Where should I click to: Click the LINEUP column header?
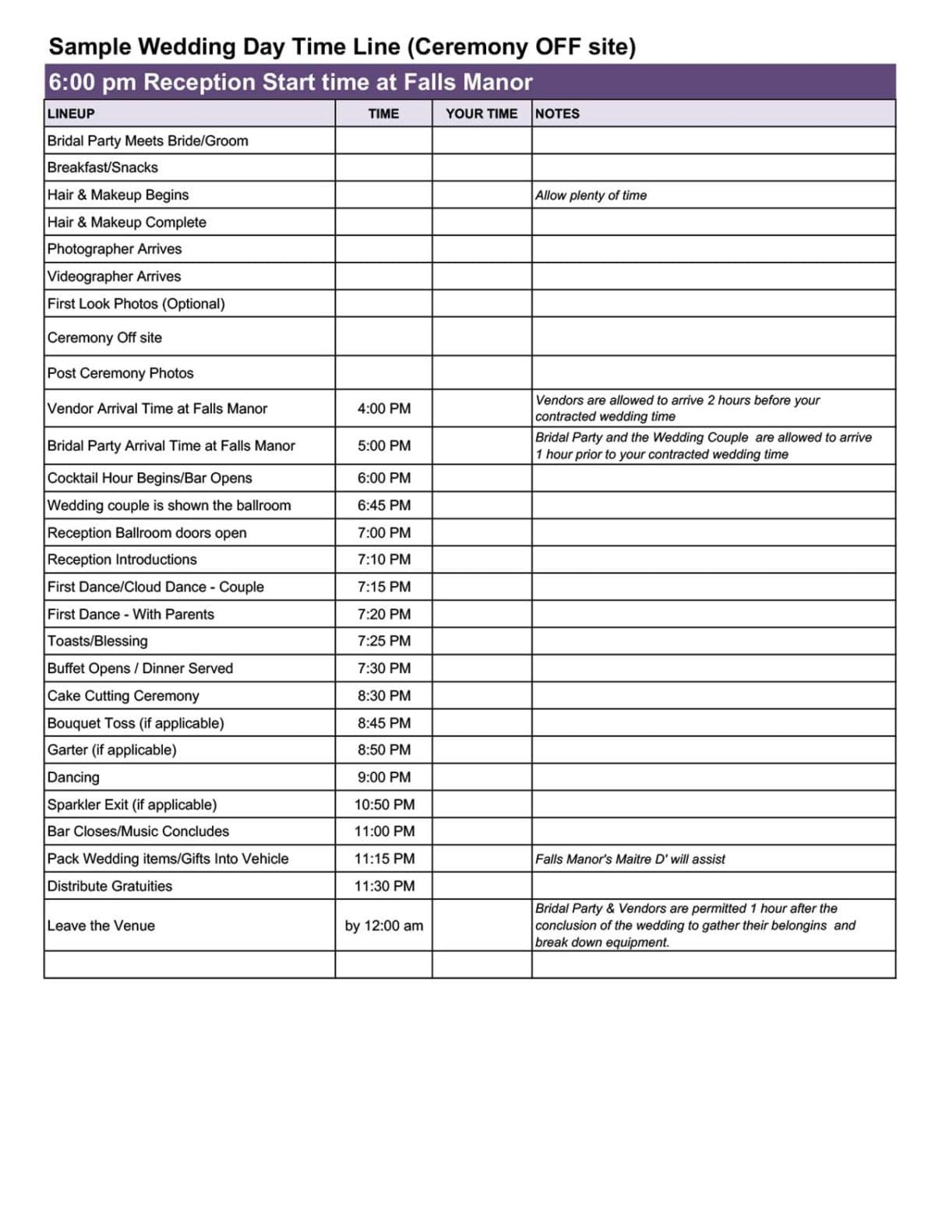(x=71, y=114)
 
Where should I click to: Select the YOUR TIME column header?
(x=481, y=114)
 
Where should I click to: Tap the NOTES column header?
(x=557, y=114)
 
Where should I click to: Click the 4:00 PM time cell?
(x=383, y=408)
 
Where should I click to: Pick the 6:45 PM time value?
(x=383, y=505)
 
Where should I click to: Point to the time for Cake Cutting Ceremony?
(x=383, y=696)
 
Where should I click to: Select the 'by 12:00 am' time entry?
(x=383, y=926)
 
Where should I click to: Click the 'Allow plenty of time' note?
(x=591, y=196)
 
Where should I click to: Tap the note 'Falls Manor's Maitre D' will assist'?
(x=630, y=859)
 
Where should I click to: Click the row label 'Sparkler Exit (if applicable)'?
(x=132, y=804)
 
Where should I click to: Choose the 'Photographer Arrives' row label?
(x=114, y=249)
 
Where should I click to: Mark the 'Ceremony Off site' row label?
(x=104, y=337)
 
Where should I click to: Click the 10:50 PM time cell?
(x=383, y=804)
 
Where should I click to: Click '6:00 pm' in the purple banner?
(x=92, y=82)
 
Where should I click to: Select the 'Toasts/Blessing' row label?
(x=97, y=641)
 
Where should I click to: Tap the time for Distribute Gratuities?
(x=383, y=886)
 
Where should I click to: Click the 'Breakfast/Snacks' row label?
(x=102, y=168)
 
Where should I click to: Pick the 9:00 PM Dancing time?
(x=383, y=777)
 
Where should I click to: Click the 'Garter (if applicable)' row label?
(x=111, y=750)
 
